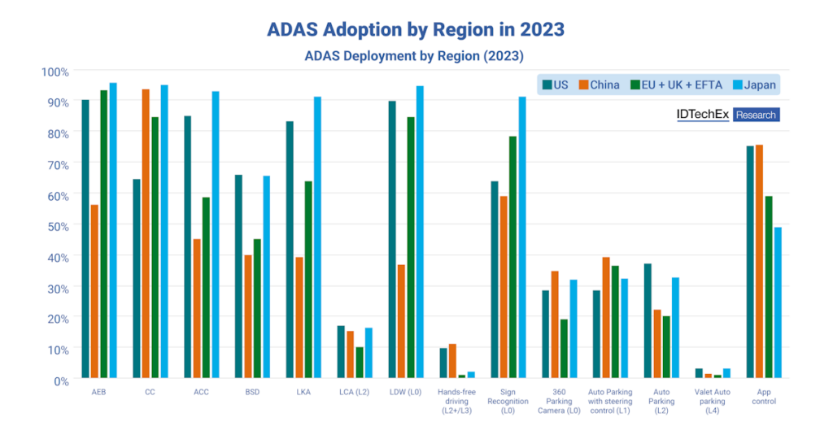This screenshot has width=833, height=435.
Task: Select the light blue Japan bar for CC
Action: pyautogui.click(x=164, y=231)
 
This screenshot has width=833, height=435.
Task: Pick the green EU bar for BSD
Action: pyautogui.click(x=257, y=308)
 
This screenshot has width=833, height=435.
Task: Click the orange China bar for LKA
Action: pyautogui.click(x=299, y=317)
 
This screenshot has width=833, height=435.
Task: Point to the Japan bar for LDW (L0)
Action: pyautogui.click(x=420, y=232)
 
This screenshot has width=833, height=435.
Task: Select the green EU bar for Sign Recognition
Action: pyautogui.click(x=513, y=257)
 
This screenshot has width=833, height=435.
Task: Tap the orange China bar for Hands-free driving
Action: pyautogui.click(x=452, y=361)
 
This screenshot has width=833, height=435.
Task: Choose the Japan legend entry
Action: pyautogui.click(x=752, y=85)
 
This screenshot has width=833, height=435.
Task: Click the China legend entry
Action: pyautogui.click(x=599, y=85)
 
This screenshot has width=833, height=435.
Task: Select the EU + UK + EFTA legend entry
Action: pyautogui.click(x=673, y=85)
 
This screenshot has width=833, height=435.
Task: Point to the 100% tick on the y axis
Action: pyautogui.click(x=55, y=72)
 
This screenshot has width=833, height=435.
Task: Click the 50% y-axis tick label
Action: pyautogui.click(x=55, y=225)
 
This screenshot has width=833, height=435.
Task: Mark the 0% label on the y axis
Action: pyautogui.click(x=58, y=380)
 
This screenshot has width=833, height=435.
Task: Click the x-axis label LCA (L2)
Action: pyautogui.click(x=351, y=390)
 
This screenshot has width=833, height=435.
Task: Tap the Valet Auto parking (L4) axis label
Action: pyautogui.click(x=713, y=400)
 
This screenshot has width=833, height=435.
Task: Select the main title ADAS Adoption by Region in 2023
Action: pyautogui.click(x=416, y=29)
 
